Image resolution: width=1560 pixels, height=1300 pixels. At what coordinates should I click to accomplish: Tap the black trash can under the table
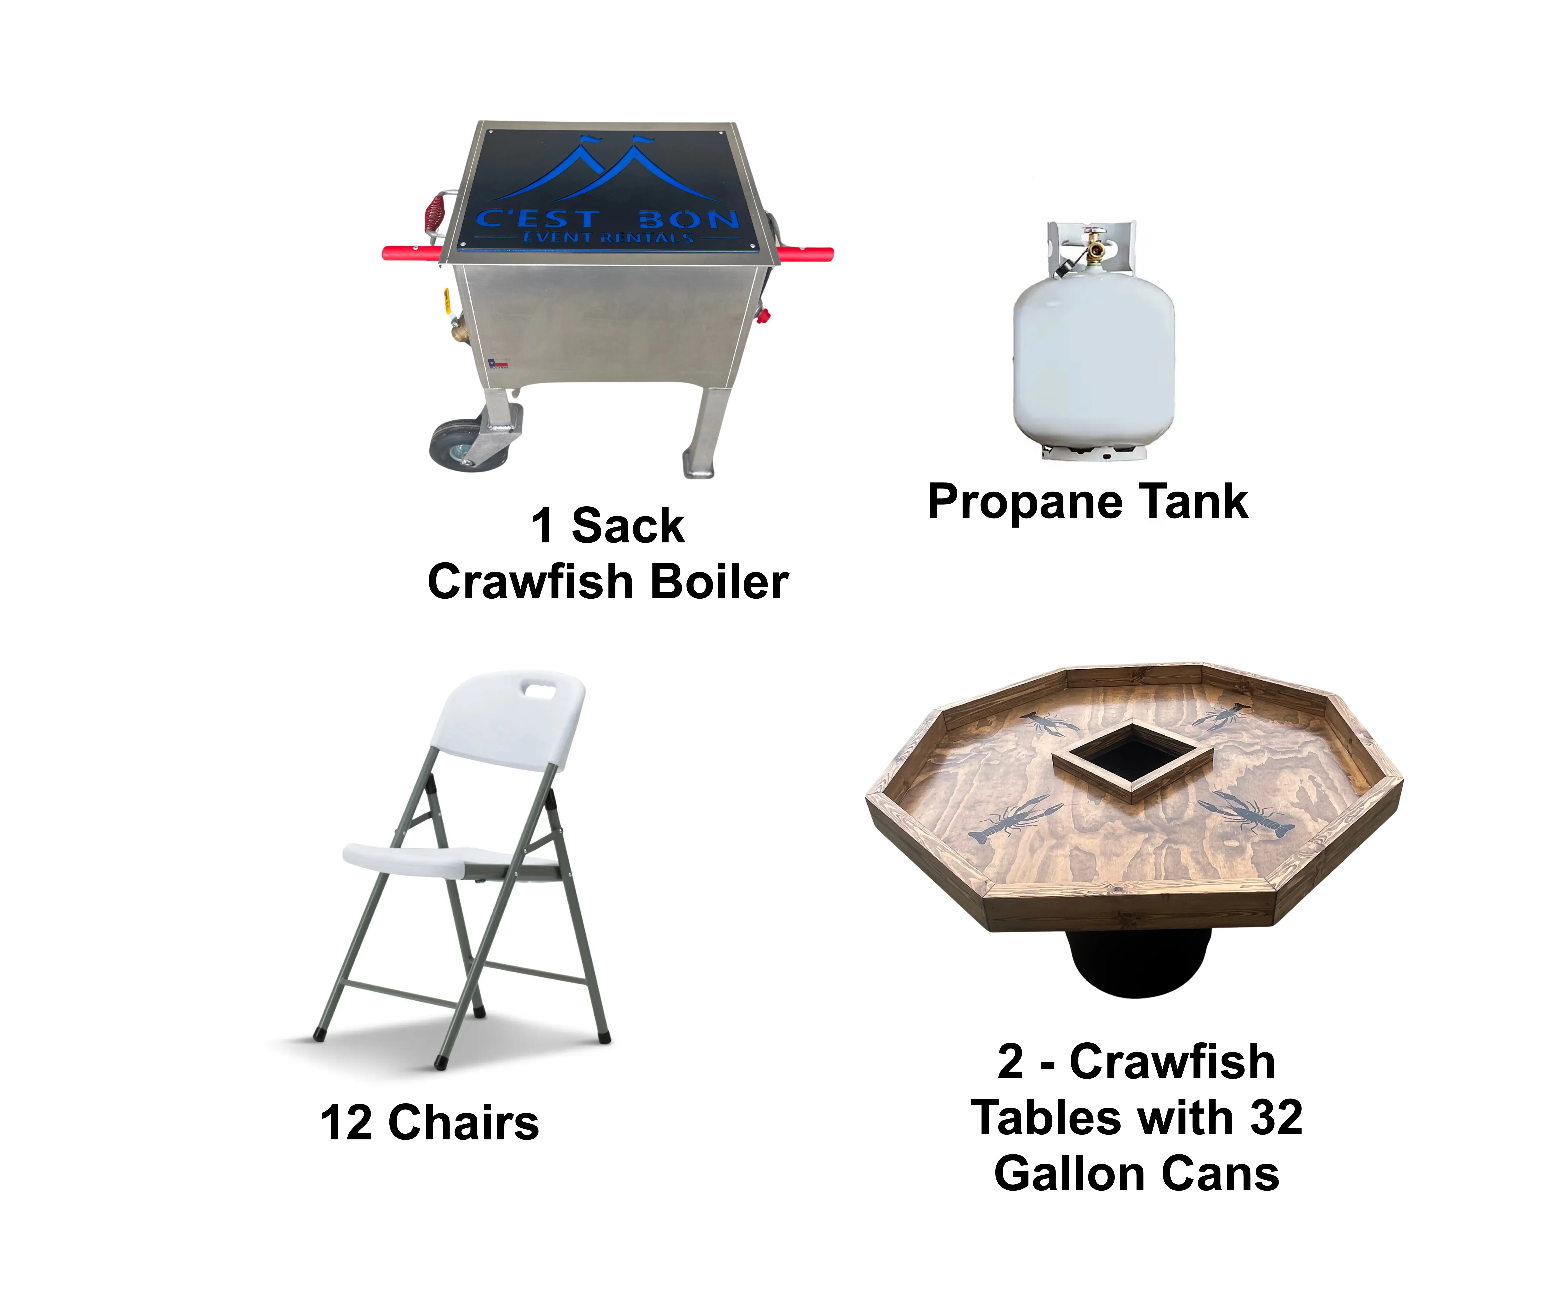pyautogui.click(x=1137, y=962)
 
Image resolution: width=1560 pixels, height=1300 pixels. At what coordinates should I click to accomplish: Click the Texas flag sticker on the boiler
pyautogui.click(x=498, y=363)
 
